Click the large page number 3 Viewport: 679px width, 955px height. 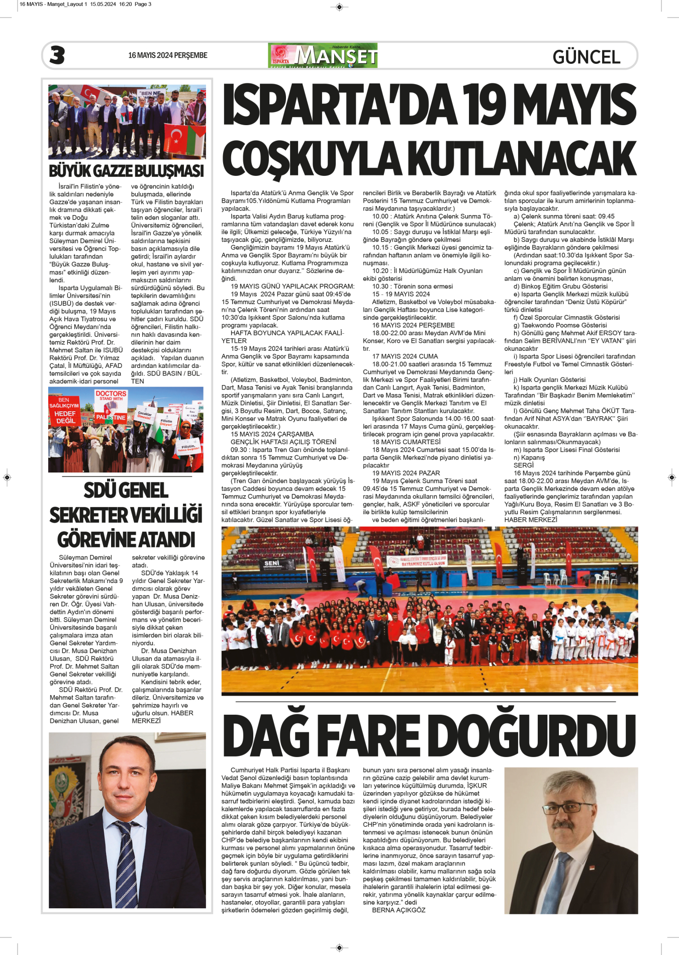point(57,55)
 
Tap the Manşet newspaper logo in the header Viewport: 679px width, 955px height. point(323,55)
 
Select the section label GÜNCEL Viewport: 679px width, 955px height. point(586,57)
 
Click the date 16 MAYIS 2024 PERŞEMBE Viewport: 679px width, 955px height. point(167,55)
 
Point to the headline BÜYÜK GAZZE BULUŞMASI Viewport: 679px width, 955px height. point(126,171)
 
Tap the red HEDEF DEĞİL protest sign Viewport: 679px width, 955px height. point(65,413)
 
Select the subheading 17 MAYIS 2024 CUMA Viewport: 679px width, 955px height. point(405,356)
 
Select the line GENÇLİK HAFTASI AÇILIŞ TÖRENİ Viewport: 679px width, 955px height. point(283,442)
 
